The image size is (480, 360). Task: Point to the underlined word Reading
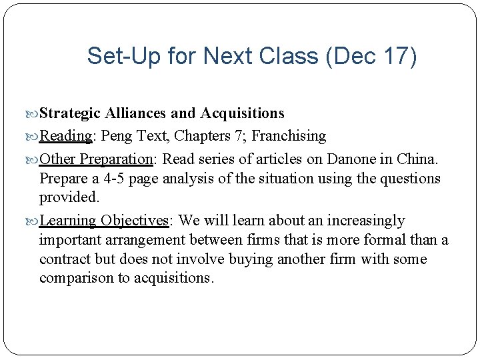(x=65, y=136)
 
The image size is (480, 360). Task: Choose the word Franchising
(x=289, y=136)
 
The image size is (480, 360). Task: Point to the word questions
(x=409, y=179)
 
